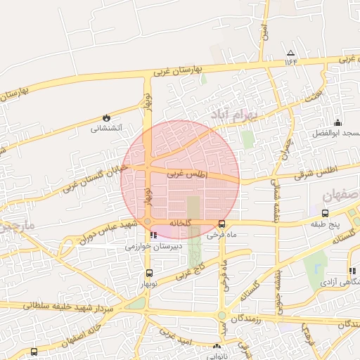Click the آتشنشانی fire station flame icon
(x=106, y=117)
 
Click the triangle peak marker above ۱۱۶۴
(x=290, y=53)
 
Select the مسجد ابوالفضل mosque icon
(x=337, y=123)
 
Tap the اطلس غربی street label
(x=188, y=172)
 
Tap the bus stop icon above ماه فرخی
(x=221, y=224)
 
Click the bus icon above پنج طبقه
(x=325, y=213)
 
